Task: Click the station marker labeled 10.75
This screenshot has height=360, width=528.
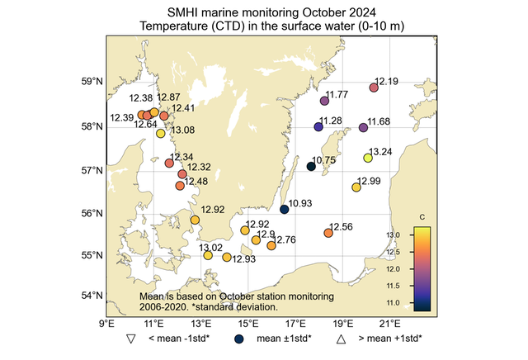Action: pos(311,166)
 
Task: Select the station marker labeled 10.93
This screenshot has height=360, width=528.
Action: pos(285,209)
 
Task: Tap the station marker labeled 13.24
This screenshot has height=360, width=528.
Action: pos(368,158)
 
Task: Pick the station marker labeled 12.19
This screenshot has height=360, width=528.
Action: pos(374,88)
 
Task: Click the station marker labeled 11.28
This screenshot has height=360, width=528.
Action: pos(318,126)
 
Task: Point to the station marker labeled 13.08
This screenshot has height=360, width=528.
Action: pos(161,133)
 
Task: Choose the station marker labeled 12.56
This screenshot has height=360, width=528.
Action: pos(328,233)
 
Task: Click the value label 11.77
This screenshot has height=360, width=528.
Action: pos(338,95)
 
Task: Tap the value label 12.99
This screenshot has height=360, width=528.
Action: pos(369,181)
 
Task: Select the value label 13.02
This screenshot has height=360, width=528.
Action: pos(211,247)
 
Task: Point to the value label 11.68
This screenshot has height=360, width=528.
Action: pos(379,121)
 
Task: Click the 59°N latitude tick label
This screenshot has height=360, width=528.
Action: pos(92,82)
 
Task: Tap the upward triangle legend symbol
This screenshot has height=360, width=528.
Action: pos(340,339)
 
